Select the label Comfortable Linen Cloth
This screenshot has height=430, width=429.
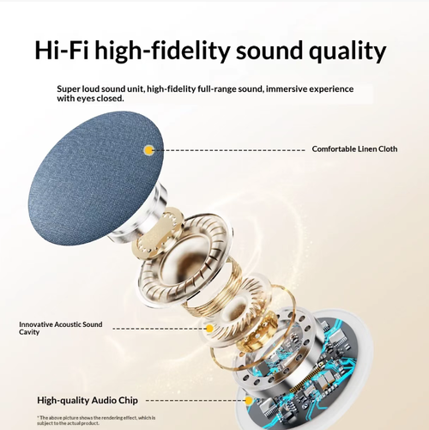pyautogui.click(x=354, y=149)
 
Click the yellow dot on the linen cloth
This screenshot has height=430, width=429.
pyautogui.click(x=149, y=149)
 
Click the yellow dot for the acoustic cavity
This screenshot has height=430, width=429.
pyautogui.click(x=209, y=328)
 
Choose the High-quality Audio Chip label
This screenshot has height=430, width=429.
pyautogui.click(x=88, y=400)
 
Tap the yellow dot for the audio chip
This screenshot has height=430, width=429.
pyautogui.click(x=249, y=400)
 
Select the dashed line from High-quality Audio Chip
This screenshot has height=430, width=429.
pyautogui.click(x=193, y=400)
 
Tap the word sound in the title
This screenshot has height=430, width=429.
pyautogui.click(x=264, y=50)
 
